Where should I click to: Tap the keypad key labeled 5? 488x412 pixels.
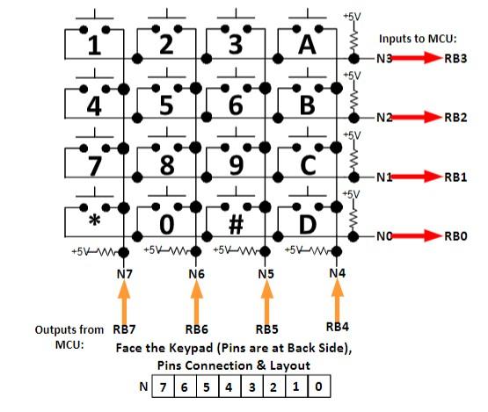pos(164,104)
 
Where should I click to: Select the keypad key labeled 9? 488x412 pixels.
pos(236,163)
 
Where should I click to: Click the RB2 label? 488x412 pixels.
pos(455,118)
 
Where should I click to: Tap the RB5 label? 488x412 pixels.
pos(266,329)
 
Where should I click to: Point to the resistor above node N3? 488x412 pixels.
pos(353,39)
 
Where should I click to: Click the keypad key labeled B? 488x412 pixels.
pos(307,104)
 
